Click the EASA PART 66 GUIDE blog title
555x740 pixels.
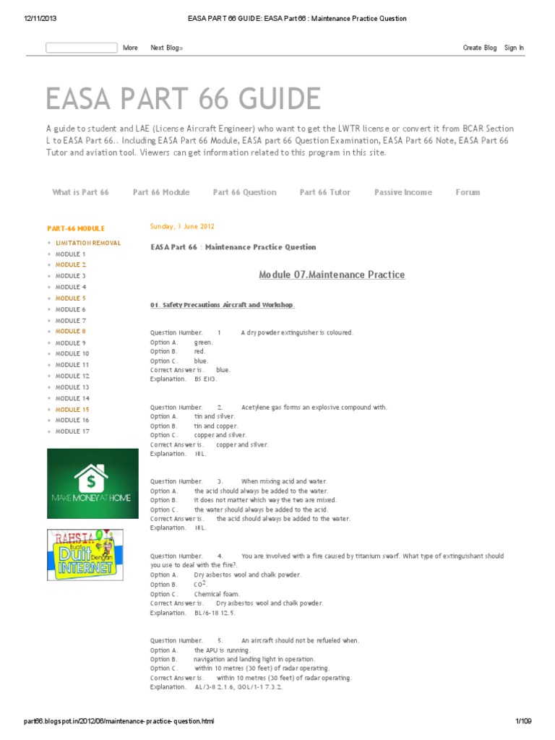pyautogui.click(x=183, y=99)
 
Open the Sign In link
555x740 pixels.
pyautogui.click(x=514, y=48)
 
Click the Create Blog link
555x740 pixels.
pyautogui.click(x=479, y=48)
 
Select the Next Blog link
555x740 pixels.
pyautogui.click(x=166, y=48)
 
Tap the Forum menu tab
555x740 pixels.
pyautogui.click(x=468, y=192)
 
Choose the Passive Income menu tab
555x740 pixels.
pyautogui.click(x=403, y=192)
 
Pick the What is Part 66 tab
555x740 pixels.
pyautogui.click(x=80, y=192)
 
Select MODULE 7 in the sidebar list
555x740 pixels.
pyautogui.click(x=71, y=320)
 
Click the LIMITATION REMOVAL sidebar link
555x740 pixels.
pyautogui.click(x=88, y=243)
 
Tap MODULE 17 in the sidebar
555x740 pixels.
pyautogui.click(x=72, y=431)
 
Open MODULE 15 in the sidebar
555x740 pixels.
pyautogui.click(x=72, y=409)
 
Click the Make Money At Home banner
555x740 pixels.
pyautogui.click(x=92, y=483)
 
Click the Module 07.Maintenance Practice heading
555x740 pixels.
pyautogui.click(x=332, y=275)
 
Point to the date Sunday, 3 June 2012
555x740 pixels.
pyautogui.click(x=182, y=226)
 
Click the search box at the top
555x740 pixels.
pyautogui.click(x=81, y=48)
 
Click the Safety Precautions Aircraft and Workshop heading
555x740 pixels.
pyautogui.click(x=223, y=305)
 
